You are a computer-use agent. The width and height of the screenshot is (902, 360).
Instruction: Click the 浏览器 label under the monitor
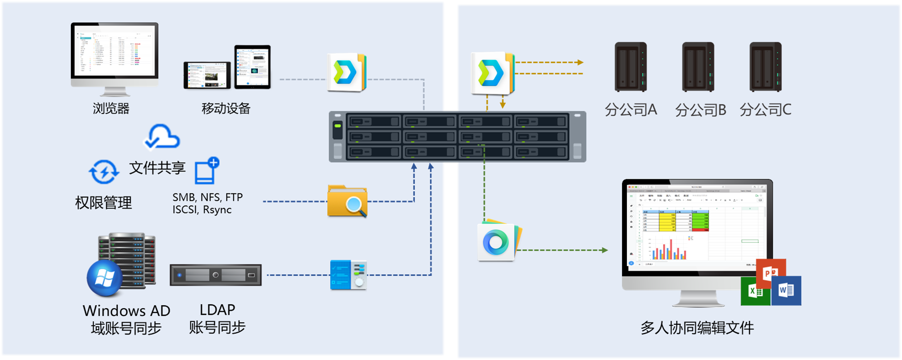coord(111,108)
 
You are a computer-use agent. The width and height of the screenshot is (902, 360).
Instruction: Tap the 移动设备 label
coord(226,108)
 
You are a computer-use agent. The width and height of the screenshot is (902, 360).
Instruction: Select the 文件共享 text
coord(157,168)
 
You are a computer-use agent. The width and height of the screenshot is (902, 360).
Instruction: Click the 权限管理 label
coord(104,202)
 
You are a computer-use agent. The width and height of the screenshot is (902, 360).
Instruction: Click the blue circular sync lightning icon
coord(104,172)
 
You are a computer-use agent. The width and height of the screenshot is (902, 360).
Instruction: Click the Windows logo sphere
coord(105,278)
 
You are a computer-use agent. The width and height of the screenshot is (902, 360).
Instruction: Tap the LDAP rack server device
coord(215,275)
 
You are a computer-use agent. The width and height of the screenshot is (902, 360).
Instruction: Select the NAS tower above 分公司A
coord(630,67)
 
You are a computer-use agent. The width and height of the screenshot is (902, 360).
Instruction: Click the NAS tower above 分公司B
coord(698,67)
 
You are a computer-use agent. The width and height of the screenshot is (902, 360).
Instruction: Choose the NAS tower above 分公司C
coord(765,67)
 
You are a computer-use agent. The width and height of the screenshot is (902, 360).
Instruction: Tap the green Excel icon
coord(754,292)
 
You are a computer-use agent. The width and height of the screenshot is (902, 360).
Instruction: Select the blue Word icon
coord(786,291)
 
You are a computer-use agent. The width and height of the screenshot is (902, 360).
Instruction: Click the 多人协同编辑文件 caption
coord(697,327)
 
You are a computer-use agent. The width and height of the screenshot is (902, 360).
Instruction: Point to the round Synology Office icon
coord(496,242)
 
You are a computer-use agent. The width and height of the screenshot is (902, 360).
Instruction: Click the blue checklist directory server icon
coord(348,275)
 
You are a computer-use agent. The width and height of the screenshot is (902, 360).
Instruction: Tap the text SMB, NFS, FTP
coord(208,197)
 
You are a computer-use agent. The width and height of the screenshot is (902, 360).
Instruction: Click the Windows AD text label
coord(127,311)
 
